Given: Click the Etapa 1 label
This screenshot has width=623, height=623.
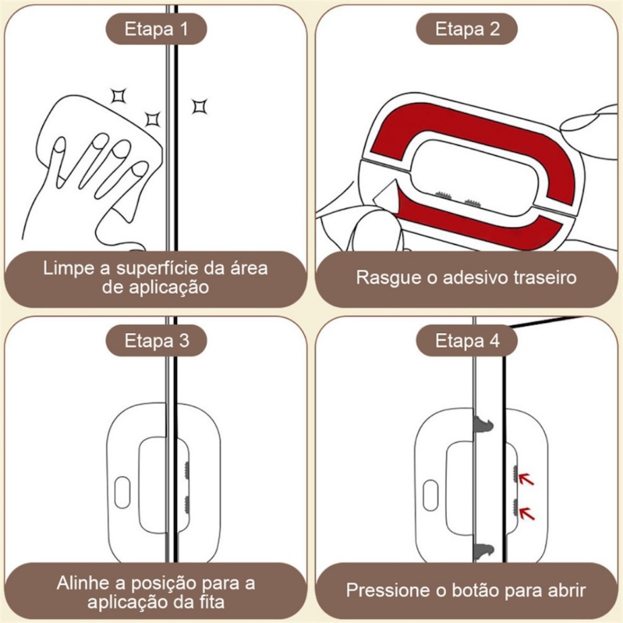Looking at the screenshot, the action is tap(156, 29).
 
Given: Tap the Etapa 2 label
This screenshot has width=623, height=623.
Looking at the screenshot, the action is tap(467, 29).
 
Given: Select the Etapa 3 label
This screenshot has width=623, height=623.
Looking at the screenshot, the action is tap(156, 341).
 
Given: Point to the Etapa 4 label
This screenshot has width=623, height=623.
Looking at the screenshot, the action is tap(467, 341).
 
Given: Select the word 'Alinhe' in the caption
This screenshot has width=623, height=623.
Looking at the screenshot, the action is tap(82, 583).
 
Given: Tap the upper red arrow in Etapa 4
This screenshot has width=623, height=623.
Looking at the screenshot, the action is tap(526, 479).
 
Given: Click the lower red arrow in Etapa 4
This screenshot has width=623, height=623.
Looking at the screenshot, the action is tap(526, 513).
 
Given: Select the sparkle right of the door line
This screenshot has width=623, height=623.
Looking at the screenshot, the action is tap(199, 106).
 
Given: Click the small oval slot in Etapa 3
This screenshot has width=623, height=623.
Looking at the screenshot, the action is tap(122, 493).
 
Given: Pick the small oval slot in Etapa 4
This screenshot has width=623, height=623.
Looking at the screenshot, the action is tap(430, 495).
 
